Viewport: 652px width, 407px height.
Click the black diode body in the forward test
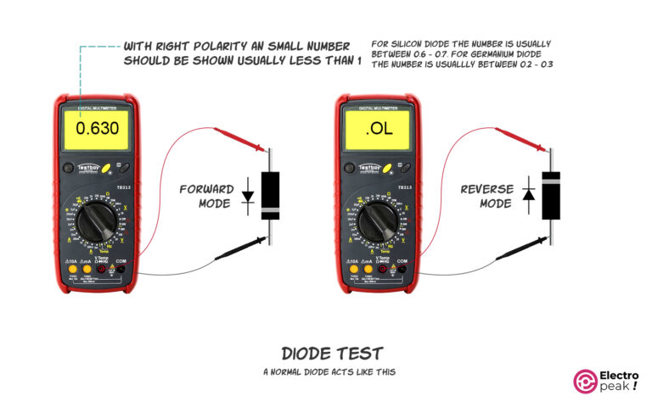(270, 195)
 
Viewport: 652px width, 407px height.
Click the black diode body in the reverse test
(551, 195)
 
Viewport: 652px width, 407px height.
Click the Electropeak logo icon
(587, 381)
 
